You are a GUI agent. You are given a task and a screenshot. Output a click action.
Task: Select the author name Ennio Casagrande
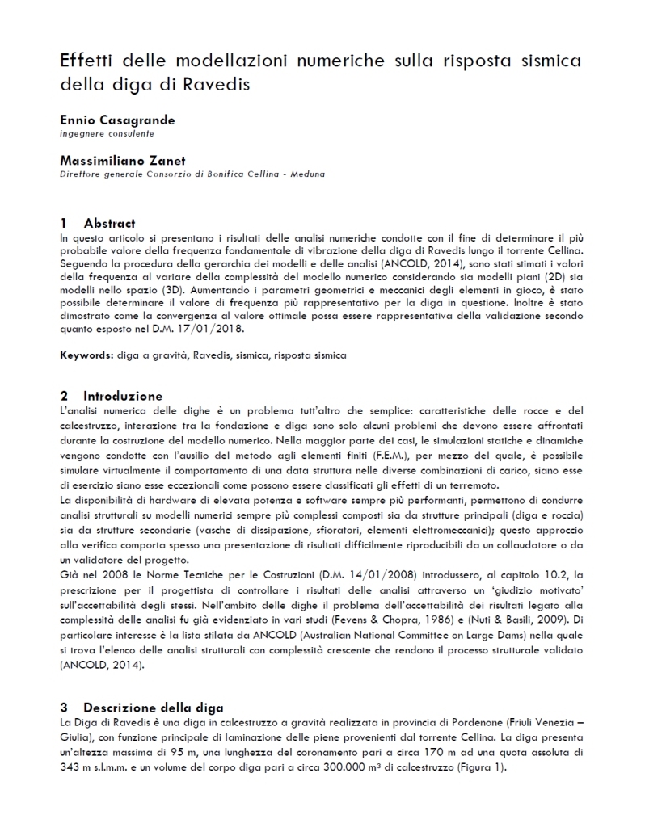[117, 120]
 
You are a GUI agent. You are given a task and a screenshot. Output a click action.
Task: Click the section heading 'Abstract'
[109, 223]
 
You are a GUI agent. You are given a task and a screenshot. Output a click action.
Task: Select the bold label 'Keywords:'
[85, 355]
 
